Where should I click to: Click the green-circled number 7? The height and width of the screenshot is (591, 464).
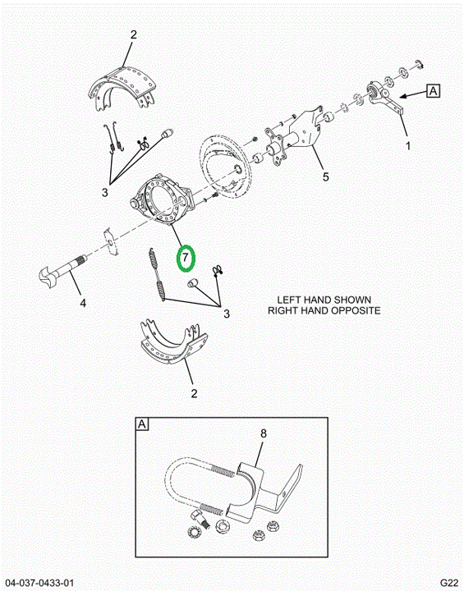[x=186, y=259]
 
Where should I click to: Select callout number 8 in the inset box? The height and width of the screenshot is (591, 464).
[x=264, y=433]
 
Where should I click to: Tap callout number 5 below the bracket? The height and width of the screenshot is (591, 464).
[x=325, y=176]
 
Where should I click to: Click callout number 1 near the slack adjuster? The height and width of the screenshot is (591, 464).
[x=408, y=145]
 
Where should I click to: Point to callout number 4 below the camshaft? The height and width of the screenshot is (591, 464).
[x=83, y=303]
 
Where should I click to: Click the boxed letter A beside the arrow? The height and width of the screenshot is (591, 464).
[x=434, y=91]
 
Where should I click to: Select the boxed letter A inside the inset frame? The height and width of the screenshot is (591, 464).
[x=142, y=424]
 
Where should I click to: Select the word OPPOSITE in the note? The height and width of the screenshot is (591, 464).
[x=356, y=310]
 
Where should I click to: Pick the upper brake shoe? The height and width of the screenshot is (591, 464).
[x=122, y=88]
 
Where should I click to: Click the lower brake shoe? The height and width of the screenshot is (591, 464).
[x=173, y=341]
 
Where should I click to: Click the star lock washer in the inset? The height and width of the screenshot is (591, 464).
[x=195, y=532]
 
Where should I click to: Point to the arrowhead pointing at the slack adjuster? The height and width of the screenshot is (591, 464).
[x=404, y=97]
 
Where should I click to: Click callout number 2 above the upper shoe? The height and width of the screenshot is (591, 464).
[x=134, y=34]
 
